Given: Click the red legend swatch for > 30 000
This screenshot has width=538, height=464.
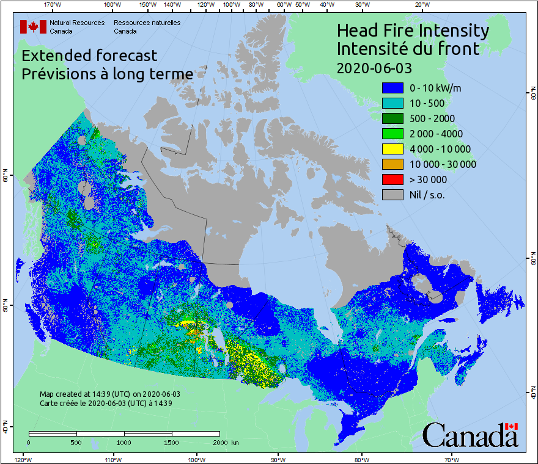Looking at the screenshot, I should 392,179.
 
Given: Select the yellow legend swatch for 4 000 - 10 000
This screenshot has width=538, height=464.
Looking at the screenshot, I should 392,149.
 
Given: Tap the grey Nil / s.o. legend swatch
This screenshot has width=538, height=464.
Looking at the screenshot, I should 392,195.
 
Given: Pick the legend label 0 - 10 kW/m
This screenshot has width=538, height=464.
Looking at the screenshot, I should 435,88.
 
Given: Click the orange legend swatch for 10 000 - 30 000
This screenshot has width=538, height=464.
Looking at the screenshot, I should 392,164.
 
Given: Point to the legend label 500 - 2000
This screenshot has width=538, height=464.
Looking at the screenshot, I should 432,118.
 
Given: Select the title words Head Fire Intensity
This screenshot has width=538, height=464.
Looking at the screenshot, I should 413,31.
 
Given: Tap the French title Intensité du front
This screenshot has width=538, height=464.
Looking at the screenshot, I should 408,48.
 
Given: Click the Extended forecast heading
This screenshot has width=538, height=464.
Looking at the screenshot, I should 89,56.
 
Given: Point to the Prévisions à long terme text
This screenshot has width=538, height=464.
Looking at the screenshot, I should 107,74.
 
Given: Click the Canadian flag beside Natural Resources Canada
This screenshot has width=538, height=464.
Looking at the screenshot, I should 33,27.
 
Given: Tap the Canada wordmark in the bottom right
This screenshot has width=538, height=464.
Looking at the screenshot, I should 470,435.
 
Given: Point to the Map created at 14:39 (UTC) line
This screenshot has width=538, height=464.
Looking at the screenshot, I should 109,394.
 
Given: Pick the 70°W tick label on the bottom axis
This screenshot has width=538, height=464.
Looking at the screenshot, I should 451,459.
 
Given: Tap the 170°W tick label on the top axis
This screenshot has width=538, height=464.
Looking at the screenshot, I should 53,4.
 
